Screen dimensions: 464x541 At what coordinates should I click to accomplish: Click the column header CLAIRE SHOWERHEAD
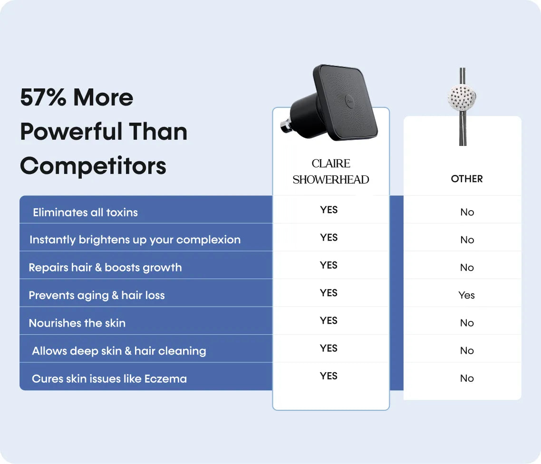331,172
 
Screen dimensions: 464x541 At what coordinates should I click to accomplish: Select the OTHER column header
466,179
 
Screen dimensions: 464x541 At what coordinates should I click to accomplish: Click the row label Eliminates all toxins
85,212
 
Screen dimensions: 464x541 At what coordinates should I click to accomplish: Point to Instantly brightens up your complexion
135,240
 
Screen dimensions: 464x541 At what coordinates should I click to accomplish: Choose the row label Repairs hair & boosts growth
105,267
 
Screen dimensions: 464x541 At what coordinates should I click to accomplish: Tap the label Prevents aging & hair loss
97,295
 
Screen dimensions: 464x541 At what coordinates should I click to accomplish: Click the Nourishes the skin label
77,323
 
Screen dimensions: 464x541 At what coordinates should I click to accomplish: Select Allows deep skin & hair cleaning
119,351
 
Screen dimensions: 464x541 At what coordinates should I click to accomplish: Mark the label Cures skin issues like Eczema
109,379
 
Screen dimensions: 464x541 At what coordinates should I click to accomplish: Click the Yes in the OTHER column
466,295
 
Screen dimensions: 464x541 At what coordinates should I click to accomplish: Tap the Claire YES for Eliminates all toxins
328,210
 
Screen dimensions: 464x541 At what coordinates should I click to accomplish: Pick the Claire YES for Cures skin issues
328,376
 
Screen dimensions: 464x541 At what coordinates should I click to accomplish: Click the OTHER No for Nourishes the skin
467,323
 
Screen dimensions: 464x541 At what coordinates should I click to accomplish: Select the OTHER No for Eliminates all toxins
467,212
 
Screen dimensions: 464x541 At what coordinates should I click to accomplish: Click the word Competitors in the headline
93,166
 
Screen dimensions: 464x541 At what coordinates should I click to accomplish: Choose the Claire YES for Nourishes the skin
328,320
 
